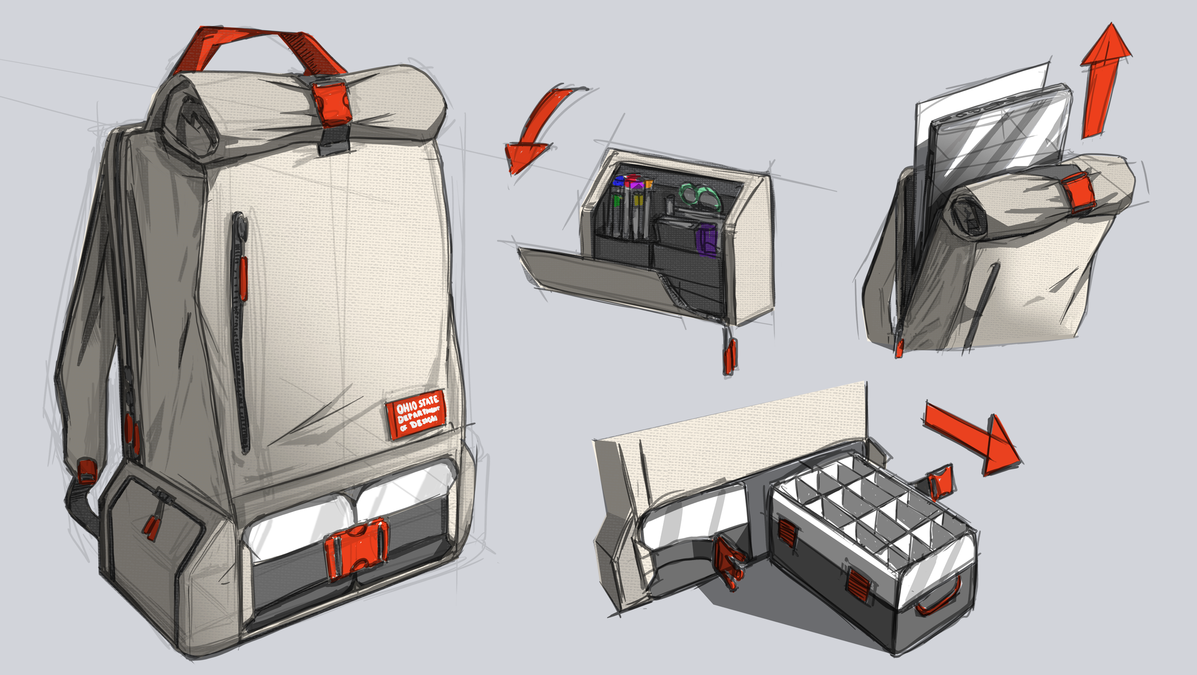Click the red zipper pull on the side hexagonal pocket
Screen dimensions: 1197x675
tap(151, 530)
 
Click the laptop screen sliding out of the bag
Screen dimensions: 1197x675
tap(994, 139)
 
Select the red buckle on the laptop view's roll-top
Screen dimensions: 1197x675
tap(1078, 193)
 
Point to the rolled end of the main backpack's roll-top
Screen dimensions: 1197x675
tap(190, 123)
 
